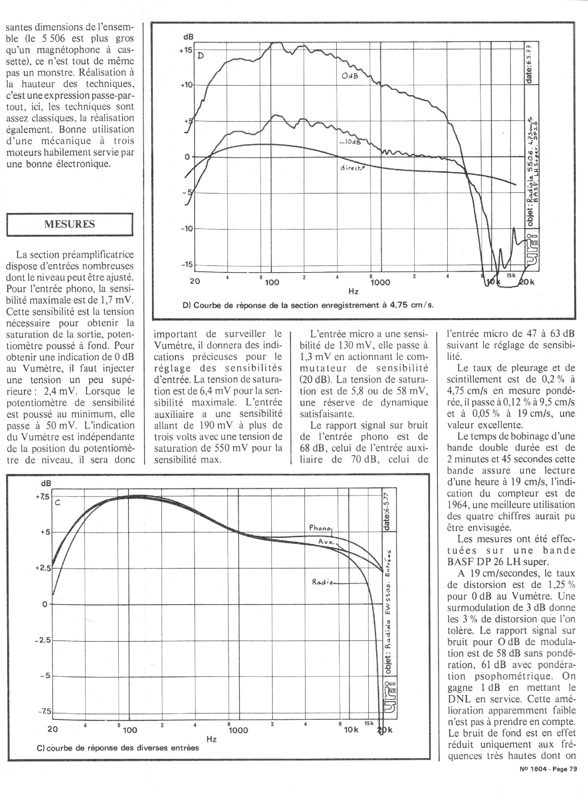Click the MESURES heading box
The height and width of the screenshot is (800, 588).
(70, 224)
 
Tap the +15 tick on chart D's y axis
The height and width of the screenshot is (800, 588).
(186, 50)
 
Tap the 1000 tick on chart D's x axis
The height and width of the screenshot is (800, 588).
(380, 282)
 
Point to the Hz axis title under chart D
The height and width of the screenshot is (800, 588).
(353, 292)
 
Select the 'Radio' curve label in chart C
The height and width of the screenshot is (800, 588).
(323, 582)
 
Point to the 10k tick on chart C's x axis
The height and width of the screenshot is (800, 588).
(351, 730)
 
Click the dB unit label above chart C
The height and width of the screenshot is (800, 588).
(46, 484)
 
